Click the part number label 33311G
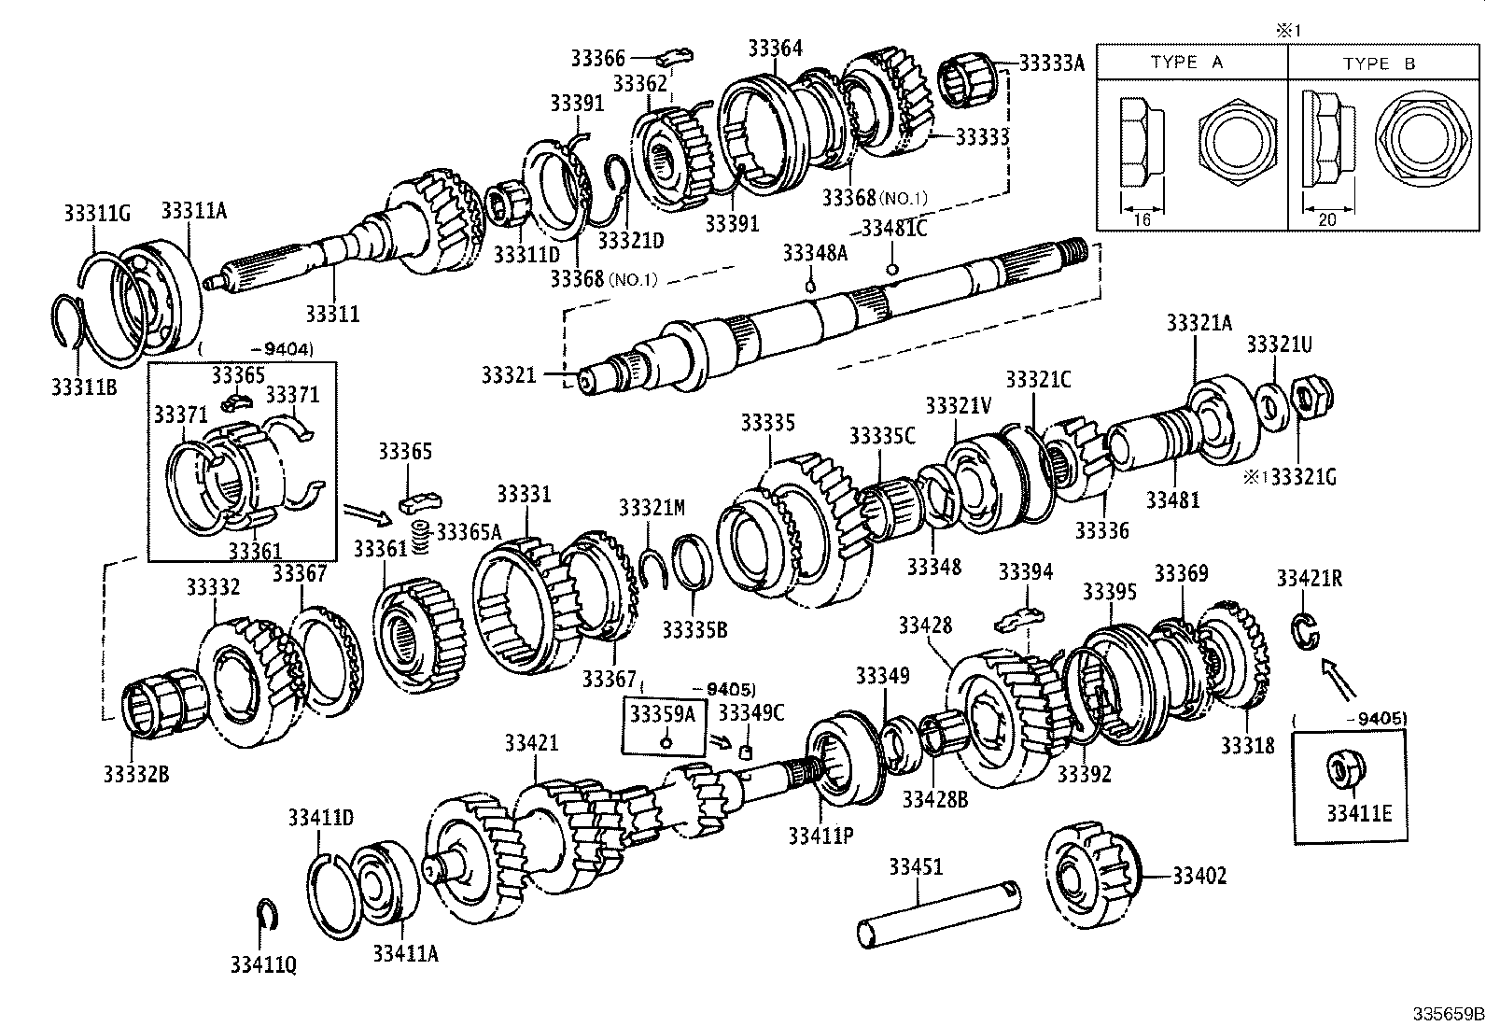click(x=96, y=214)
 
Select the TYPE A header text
click(x=1186, y=63)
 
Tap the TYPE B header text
click(x=1379, y=63)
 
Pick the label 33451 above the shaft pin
click(x=916, y=866)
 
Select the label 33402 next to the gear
click(x=1199, y=876)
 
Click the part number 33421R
click(x=1309, y=579)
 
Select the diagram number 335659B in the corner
click(x=1447, y=1014)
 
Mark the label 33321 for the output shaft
click(x=509, y=375)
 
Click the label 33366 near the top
click(x=597, y=59)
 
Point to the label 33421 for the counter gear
click(x=531, y=743)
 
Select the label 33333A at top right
click(x=1051, y=63)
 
